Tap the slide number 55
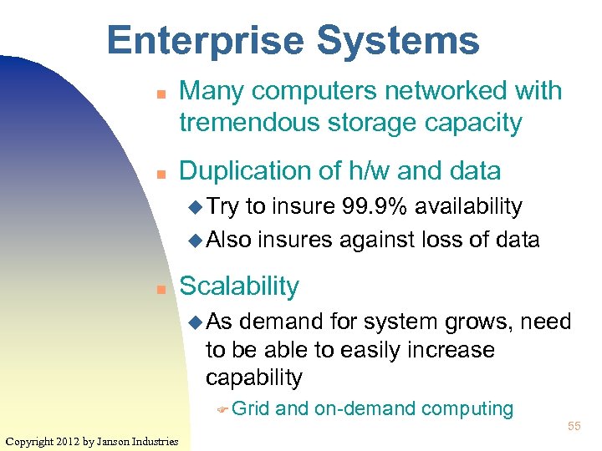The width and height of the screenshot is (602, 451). pos(574,427)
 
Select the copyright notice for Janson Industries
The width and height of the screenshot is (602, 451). pos(91,441)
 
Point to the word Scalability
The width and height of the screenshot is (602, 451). pos(239,286)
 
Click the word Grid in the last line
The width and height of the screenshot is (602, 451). pos(251,408)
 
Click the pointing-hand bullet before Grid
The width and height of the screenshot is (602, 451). pos(222,409)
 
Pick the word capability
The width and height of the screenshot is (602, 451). pos(254,378)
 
